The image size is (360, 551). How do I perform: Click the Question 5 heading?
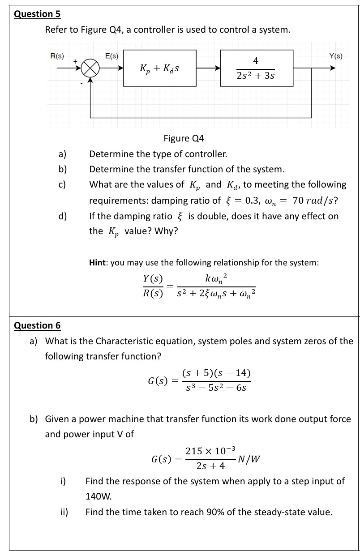pos(37,14)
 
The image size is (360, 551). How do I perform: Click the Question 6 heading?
pos(37,325)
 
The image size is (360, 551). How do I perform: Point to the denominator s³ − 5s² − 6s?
pos(216,388)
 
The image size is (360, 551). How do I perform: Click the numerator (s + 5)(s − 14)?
pos(216,373)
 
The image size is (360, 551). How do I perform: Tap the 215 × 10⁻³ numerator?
pos(210,451)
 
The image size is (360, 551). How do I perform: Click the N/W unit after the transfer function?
pos(249,459)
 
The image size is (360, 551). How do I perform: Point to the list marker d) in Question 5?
pos(63,216)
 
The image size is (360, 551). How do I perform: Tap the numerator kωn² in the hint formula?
pos(216,278)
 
